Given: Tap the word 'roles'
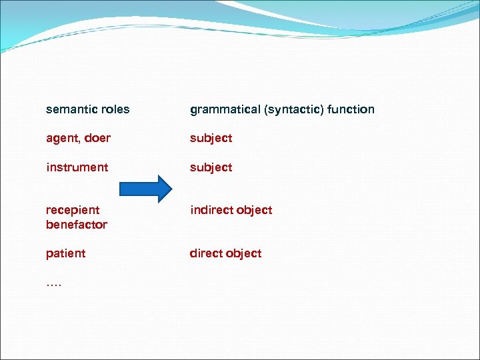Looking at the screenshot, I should [x=114, y=109].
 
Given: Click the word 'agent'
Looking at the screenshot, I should [x=61, y=139].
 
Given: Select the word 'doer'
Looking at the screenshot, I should [x=97, y=138].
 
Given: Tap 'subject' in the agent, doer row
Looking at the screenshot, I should [x=211, y=138].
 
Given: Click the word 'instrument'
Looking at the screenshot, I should [x=77, y=167].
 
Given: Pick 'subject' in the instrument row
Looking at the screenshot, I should [x=211, y=167].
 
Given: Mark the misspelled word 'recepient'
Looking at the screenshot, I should [x=73, y=211].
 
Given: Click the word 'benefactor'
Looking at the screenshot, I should [x=76, y=225].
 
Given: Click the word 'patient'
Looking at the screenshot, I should [x=65, y=253].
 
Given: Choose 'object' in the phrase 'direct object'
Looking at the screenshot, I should [x=245, y=253].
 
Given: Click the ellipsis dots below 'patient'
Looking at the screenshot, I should [x=53, y=285].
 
